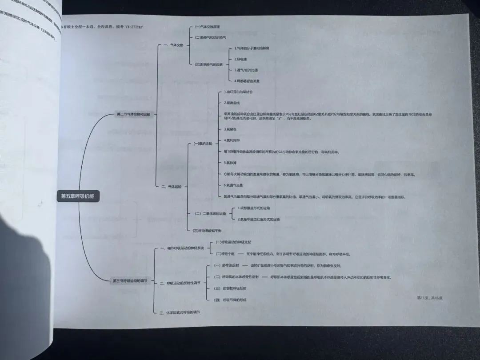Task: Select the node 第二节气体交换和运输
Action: (133, 114)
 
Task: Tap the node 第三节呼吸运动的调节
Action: (129, 280)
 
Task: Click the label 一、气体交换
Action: (173, 45)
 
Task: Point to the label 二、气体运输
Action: (171, 186)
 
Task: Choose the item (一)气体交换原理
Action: (208, 26)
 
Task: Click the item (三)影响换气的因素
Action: (208, 64)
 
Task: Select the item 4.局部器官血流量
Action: (247, 81)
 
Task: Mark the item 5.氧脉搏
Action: (231, 162)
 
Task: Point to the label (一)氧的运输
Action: (203, 144)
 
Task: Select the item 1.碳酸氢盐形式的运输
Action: (253, 208)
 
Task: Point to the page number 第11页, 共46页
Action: (429, 297)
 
